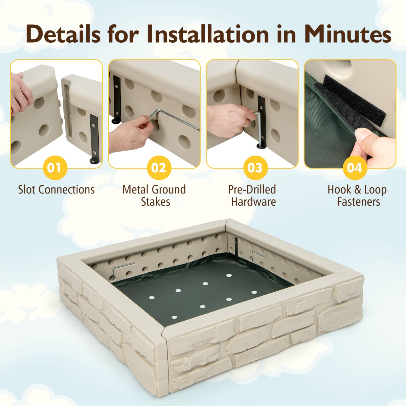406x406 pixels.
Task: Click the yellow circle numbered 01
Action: click(x=55, y=167)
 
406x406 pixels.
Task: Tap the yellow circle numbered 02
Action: click(x=159, y=168)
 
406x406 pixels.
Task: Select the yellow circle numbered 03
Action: click(x=256, y=168)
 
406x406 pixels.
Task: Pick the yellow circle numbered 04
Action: click(x=354, y=168)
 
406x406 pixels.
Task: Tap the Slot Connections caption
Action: click(x=56, y=189)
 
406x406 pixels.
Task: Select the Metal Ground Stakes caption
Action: click(x=154, y=196)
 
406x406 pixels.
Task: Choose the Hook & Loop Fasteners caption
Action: click(x=357, y=196)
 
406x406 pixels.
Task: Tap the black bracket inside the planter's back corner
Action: click(x=236, y=248)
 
